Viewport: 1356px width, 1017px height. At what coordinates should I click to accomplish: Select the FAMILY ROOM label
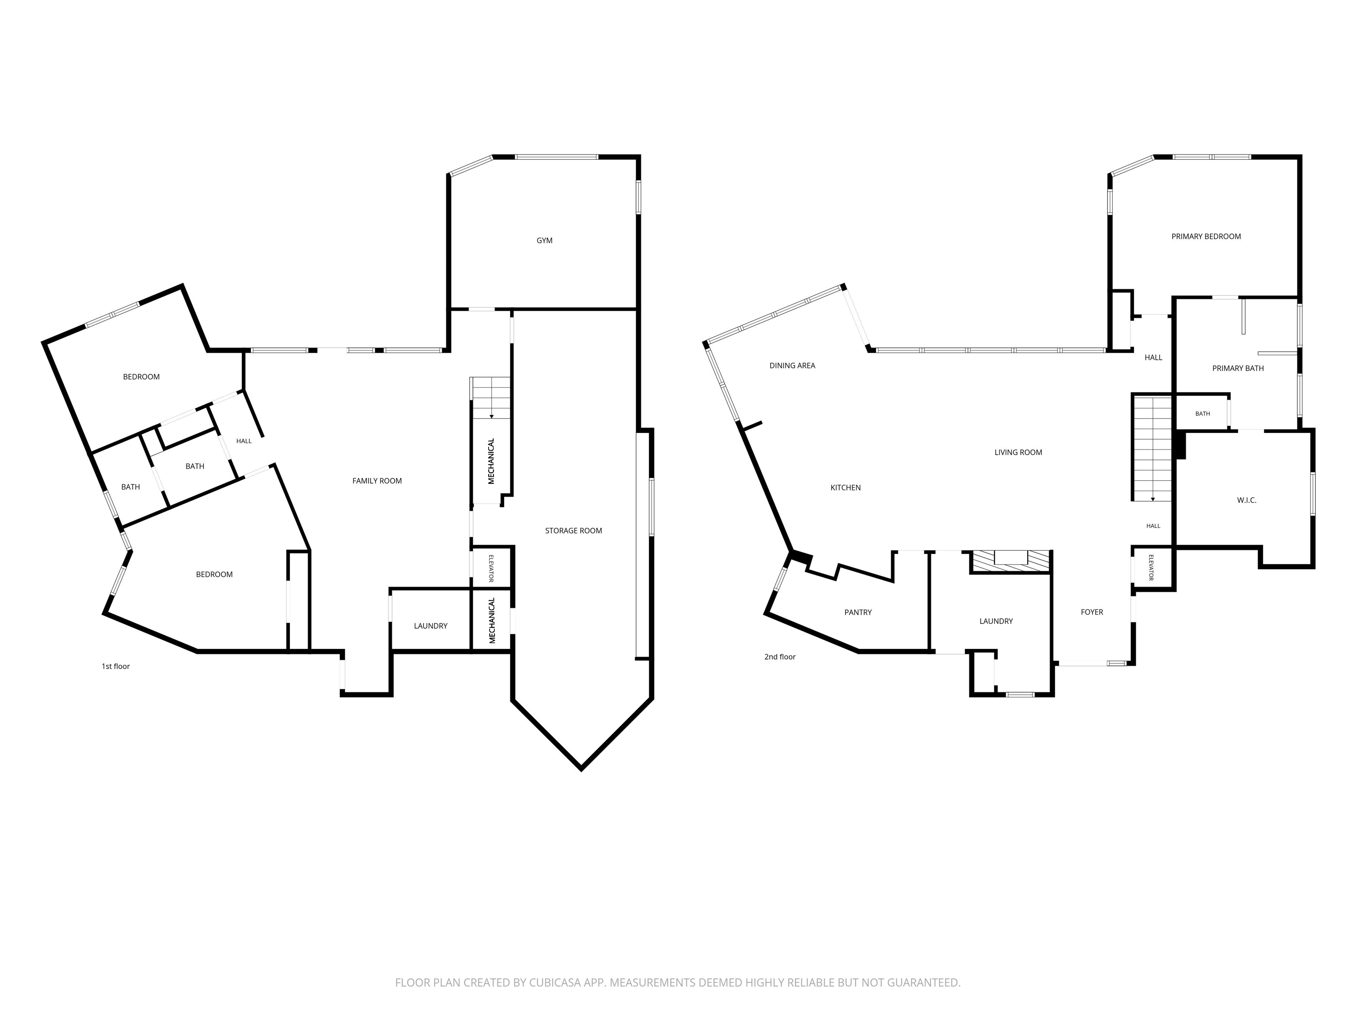coord(377,481)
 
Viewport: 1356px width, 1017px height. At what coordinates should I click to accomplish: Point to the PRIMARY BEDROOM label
coord(1206,237)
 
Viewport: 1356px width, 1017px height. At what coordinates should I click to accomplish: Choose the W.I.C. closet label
coord(1246,500)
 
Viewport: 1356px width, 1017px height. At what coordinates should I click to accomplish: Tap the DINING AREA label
coord(792,366)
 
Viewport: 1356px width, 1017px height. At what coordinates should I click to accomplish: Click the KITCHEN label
coord(845,488)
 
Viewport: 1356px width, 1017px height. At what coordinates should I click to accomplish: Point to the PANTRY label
coord(858,612)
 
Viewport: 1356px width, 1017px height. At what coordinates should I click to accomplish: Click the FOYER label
coord(1092,612)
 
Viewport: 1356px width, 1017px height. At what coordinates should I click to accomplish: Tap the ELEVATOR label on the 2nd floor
coord(1151,568)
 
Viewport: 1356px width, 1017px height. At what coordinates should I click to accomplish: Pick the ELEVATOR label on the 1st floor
coord(491,568)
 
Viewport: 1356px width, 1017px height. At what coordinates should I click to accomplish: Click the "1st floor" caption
coord(116,667)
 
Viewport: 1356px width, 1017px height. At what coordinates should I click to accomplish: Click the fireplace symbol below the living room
coord(1010,561)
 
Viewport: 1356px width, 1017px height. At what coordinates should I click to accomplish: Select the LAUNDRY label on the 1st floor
coord(430,626)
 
